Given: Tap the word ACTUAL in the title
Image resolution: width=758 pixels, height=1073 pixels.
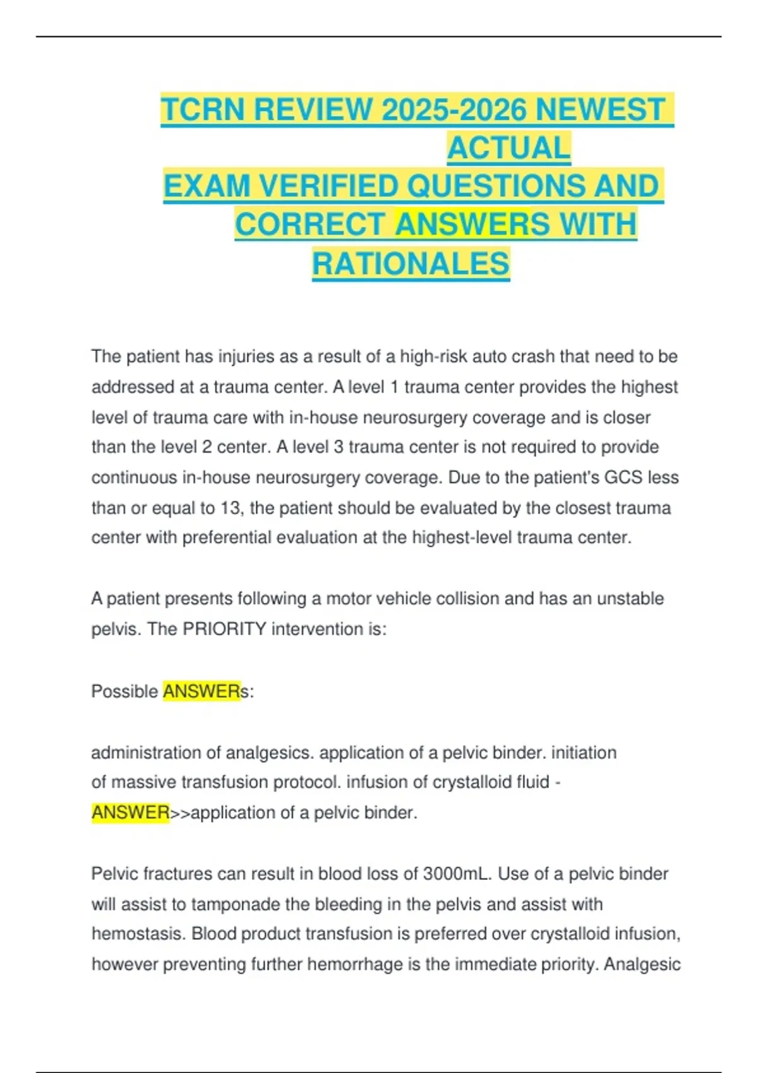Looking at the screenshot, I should point(508,148).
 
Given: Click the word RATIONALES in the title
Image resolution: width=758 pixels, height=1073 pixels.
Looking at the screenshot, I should point(411,264).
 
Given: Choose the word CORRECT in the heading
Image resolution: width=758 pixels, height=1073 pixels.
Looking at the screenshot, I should point(310,225).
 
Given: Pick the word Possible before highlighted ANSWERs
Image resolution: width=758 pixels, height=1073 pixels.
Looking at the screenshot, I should point(124,692).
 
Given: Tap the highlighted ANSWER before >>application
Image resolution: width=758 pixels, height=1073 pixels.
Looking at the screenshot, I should point(130,812).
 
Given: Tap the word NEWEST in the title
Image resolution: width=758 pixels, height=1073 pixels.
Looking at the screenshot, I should point(599,110).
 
